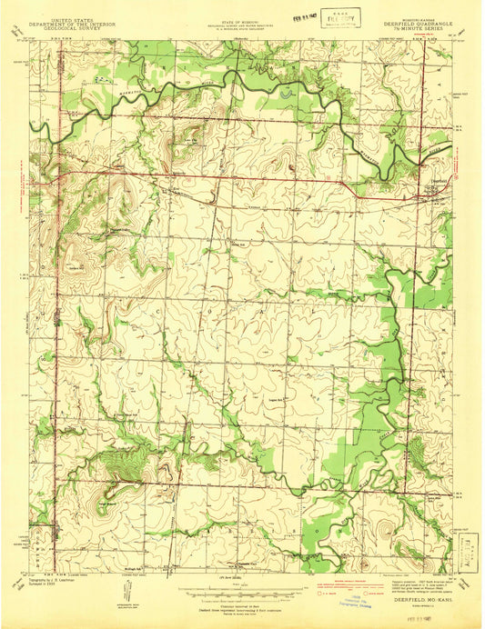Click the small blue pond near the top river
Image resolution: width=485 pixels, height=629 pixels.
(x=288, y=91)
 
